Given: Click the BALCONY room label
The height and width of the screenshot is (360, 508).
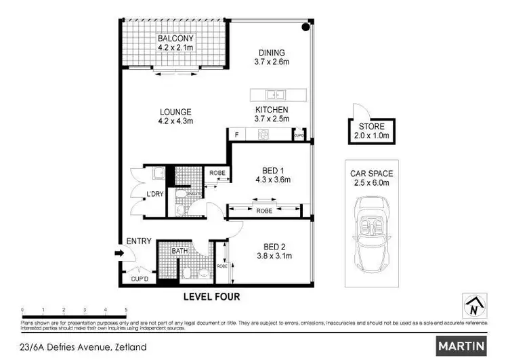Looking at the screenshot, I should click(x=176, y=39).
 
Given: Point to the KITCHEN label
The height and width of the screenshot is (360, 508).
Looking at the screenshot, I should click(x=272, y=110).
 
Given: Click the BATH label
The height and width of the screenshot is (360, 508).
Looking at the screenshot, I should click(x=179, y=251).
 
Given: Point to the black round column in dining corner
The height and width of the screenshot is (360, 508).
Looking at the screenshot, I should click(x=305, y=28).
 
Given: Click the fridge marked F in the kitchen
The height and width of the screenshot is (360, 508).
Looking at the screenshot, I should click(x=236, y=135).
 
